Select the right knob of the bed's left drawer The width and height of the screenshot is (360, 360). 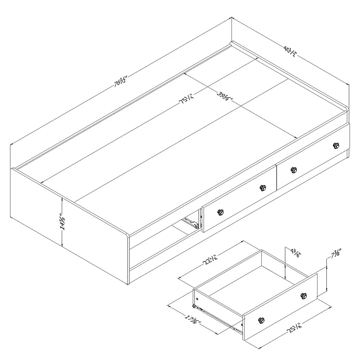pyautogui.click(x=262, y=188)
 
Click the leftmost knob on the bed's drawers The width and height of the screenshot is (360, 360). pyautogui.click(x=220, y=212)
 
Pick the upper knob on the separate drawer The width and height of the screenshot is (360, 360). pyautogui.click(x=304, y=295)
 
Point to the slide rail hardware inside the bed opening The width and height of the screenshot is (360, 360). pyautogui.click(x=191, y=222)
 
